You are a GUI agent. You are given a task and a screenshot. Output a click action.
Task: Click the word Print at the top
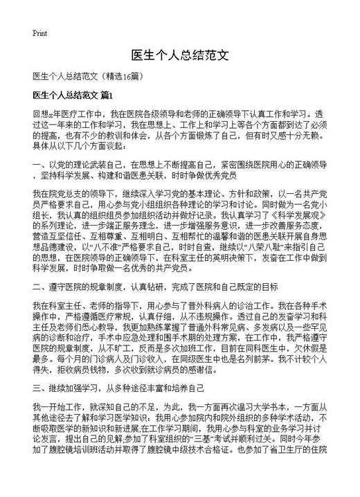pyautogui.click(x=40, y=33)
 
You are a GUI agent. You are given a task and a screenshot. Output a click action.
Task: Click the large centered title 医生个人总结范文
pyautogui.click(x=179, y=55)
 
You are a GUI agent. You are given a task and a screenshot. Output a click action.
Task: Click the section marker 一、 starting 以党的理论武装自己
pyautogui.click(x=38, y=165)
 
